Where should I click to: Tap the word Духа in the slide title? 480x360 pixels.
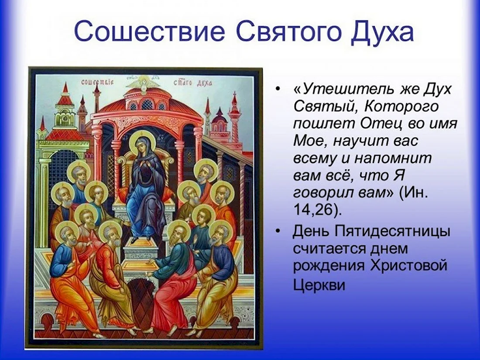382,32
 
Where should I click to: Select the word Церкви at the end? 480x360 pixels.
319,285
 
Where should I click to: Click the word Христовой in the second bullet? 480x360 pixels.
409,265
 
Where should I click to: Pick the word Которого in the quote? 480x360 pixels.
401,106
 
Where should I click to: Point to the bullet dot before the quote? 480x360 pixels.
278,89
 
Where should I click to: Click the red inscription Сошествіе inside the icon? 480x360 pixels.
97,82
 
